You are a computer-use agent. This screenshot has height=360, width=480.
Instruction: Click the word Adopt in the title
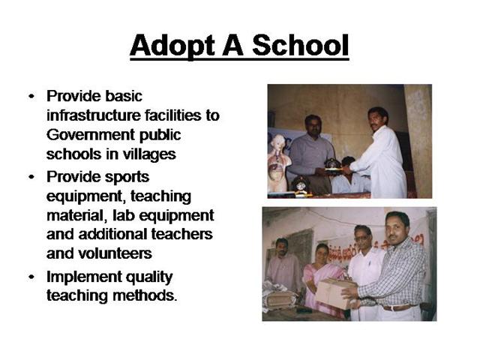click(172, 46)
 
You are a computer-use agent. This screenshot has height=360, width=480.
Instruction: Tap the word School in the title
click(301, 45)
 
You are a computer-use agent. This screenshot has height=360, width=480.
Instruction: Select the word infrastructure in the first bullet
click(93, 115)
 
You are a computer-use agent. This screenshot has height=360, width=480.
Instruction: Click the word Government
click(91, 135)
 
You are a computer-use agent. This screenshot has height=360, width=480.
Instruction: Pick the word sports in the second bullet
click(127, 177)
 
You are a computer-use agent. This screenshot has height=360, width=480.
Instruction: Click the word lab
click(124, 215)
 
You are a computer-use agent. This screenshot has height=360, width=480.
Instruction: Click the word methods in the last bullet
click(145, 295)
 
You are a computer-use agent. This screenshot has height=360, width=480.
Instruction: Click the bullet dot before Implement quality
click(31, 277)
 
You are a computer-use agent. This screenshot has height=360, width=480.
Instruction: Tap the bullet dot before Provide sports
click(31, 177)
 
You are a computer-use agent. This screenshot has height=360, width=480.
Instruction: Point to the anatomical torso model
click(277, 163)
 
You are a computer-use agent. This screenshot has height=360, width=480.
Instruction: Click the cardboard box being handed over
click(334, 293)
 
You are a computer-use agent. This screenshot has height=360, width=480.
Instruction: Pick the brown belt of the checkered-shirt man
click(398, 307)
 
